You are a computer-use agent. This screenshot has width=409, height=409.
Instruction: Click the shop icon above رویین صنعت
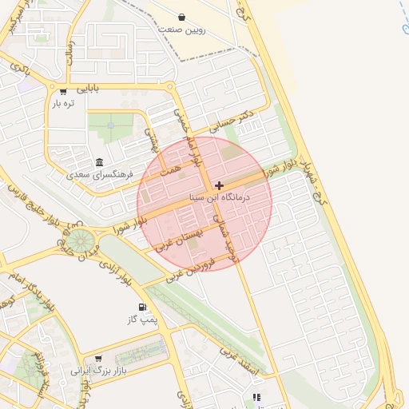[x=182, y=17]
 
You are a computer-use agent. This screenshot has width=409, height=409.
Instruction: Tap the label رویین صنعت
[x=182, y=30]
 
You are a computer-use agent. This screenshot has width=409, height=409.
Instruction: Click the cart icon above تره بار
[x=63, y=91]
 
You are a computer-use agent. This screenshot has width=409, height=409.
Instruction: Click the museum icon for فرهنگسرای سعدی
[x=99, y=161]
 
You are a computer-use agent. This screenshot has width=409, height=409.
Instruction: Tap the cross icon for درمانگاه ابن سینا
[x=220, y=185]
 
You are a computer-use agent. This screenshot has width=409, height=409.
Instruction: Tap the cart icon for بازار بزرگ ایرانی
[x=98, y=359]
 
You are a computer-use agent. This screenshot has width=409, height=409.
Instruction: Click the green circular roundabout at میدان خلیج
[x=78, y=240]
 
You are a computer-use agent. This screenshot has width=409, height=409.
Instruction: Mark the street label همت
[x=169, y=169]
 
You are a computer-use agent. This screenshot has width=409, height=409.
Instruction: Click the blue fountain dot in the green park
[x=109, y=125]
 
